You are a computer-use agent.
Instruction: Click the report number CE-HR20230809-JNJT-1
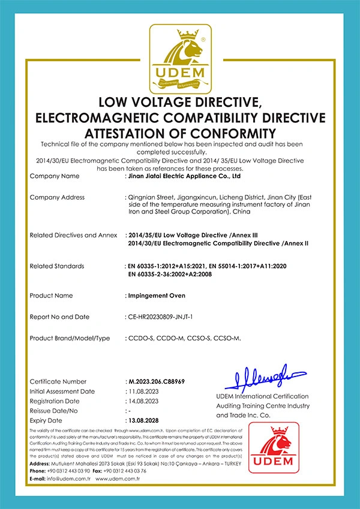[x=169, y=317]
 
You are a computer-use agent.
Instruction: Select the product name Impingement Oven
[x=157, y=296]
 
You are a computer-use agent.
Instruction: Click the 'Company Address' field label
[x=57, y=197]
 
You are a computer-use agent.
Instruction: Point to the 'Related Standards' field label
[x=57, y=266]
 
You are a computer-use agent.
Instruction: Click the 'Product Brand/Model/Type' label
[x=70, y=339]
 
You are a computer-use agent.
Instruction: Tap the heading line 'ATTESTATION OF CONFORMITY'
[x=180, y=132]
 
